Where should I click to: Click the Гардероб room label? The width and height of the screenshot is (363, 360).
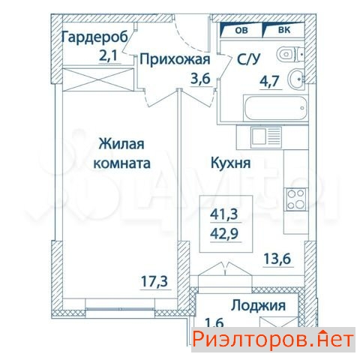(x=94, y=37)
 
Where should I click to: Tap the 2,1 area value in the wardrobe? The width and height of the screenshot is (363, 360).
(x=108, y=55)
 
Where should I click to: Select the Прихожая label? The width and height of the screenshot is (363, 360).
(x=175, y=60)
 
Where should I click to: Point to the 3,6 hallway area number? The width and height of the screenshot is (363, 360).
(x=200, y=79)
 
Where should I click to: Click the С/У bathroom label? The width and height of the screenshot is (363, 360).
(x=248, y=59)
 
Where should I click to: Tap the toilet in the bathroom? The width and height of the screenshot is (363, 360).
(x=290, y=54)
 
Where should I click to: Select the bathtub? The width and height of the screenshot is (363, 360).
(x=276, y=108)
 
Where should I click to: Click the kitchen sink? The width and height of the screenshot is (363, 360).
(x=266, y=136)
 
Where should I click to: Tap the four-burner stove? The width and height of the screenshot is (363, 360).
(x=296, y=199)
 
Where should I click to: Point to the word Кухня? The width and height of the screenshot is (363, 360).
(x=231, y=163)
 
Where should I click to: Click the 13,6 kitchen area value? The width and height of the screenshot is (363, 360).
(x=277, y=259)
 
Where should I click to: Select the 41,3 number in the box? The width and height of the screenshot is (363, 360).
(x=224, y=214)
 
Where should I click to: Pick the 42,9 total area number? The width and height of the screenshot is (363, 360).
(x=224, y=234)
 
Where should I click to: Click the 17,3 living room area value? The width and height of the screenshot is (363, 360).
(x=154, y=281)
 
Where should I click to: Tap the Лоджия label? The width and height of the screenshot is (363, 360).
(x=258, y=305)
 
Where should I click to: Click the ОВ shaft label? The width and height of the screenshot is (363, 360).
(x=241, y=30)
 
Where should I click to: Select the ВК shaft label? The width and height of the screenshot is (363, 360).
(x=284, y=30)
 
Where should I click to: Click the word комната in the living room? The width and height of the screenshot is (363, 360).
(x=121, y=163)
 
